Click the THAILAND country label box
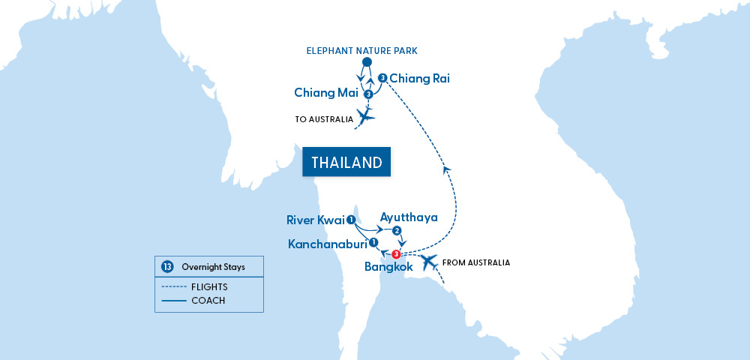point(346,162)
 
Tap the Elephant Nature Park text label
point(361,51)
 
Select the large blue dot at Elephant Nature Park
point(367,62)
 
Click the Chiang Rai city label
point(420,78)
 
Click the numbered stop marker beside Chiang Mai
point(368,94)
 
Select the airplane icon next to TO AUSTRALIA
point(365,116)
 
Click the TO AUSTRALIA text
point(324,118)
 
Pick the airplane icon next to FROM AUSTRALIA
point(428,262)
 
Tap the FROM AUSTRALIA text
point(476,262)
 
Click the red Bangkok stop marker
point(395,254)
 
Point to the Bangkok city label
point(388,267)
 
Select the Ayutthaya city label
point(409,217)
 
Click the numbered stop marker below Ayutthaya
point(397,231)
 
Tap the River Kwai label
point(315,220)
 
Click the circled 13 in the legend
point(166,266)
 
